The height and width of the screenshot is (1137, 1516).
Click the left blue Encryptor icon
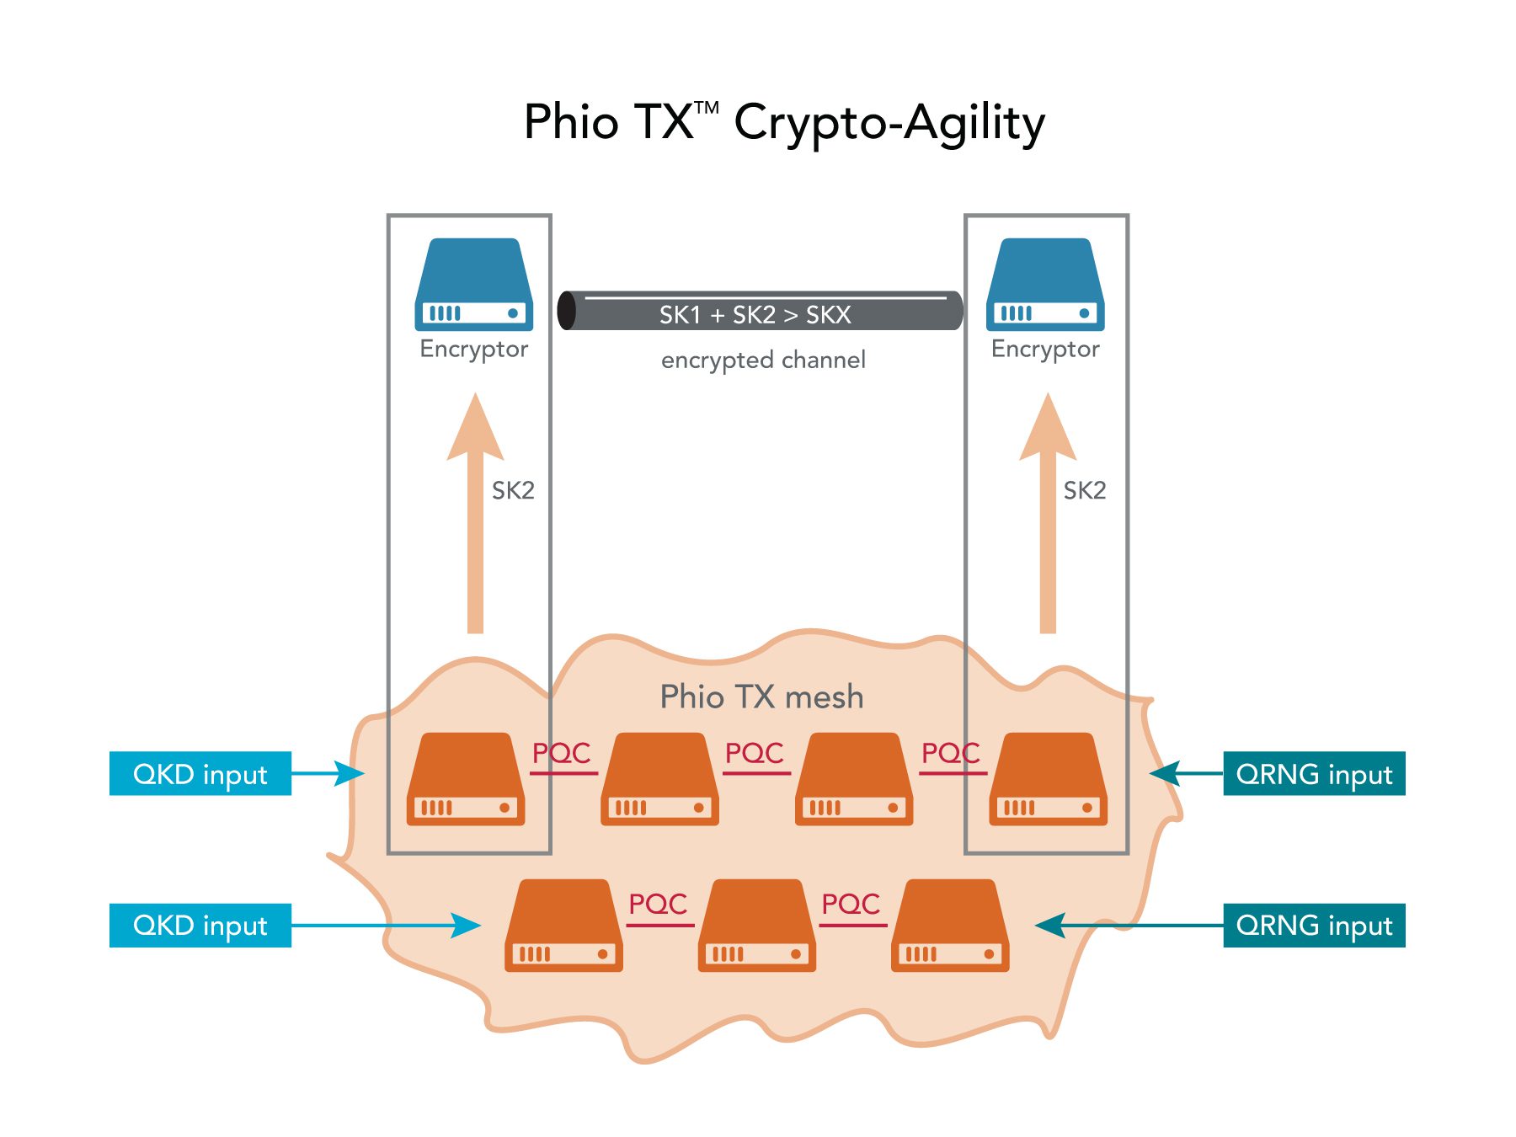tap(473, 284)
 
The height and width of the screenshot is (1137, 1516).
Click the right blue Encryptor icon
tap(1045, 284)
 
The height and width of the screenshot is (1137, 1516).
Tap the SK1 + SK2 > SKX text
tap(755, 315)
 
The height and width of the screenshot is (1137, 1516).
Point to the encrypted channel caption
tap(763, 360)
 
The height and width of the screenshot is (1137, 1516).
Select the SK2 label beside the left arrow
tap(513, 490)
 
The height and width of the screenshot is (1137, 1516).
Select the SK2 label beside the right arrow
tap(1084, 490)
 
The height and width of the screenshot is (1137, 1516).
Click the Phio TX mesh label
tap(761, 697)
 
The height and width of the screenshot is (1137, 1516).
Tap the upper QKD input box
tap(200, 773)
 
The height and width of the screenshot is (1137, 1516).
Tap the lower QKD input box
tap(200, 925)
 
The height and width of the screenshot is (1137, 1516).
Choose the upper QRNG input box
tap(1314, 773)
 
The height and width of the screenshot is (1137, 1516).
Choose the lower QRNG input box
tap(1314, 925)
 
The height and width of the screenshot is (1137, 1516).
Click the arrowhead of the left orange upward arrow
tap(476, 430)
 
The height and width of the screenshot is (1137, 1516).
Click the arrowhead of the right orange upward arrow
tap(1048, 430)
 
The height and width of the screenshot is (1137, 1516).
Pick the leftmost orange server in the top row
tap(466, 779)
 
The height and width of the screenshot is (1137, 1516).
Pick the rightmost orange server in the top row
tap(1048, 779)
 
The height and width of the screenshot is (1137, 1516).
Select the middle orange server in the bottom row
tap(756, 926)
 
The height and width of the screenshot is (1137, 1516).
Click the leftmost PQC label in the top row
tap(562, 752)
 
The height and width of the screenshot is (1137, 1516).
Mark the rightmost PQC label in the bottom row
tap(851, 904)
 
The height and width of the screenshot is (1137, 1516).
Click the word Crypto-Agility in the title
tap(889, 123)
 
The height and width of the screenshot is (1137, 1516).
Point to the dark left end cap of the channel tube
tap(568, 311)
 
